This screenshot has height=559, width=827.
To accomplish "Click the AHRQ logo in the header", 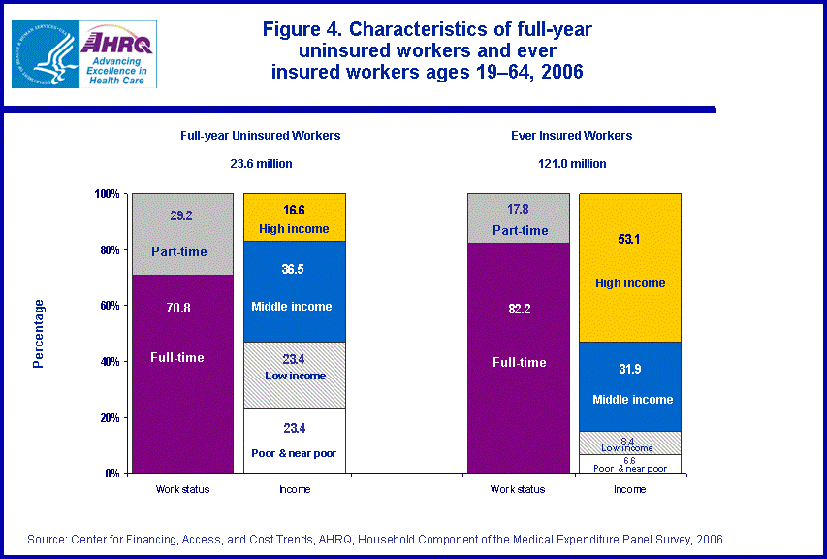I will tap(117, 54).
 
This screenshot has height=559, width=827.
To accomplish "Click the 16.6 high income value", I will tap(294, 209).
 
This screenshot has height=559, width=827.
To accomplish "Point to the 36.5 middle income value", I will tap(294, 269).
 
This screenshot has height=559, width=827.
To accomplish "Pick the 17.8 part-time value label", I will tap(518, 210).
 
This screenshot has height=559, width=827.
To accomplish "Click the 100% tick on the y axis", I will tap(107, 194).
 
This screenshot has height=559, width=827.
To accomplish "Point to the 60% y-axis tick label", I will tap(110, 306).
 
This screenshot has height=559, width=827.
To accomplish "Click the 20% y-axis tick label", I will tap(110, 417).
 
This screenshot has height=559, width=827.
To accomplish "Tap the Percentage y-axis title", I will tap(39, 334).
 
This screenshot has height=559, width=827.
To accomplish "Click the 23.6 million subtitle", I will tap(260, 164).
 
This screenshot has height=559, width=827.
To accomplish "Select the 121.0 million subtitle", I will tap(572, 164).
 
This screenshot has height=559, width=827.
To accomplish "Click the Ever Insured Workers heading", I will tap(572, 136).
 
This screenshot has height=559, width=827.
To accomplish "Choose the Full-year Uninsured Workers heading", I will tap(260, 136).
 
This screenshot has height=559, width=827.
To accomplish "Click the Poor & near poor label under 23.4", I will tap(294, 452).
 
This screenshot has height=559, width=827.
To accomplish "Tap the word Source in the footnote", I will tap(47, 539).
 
